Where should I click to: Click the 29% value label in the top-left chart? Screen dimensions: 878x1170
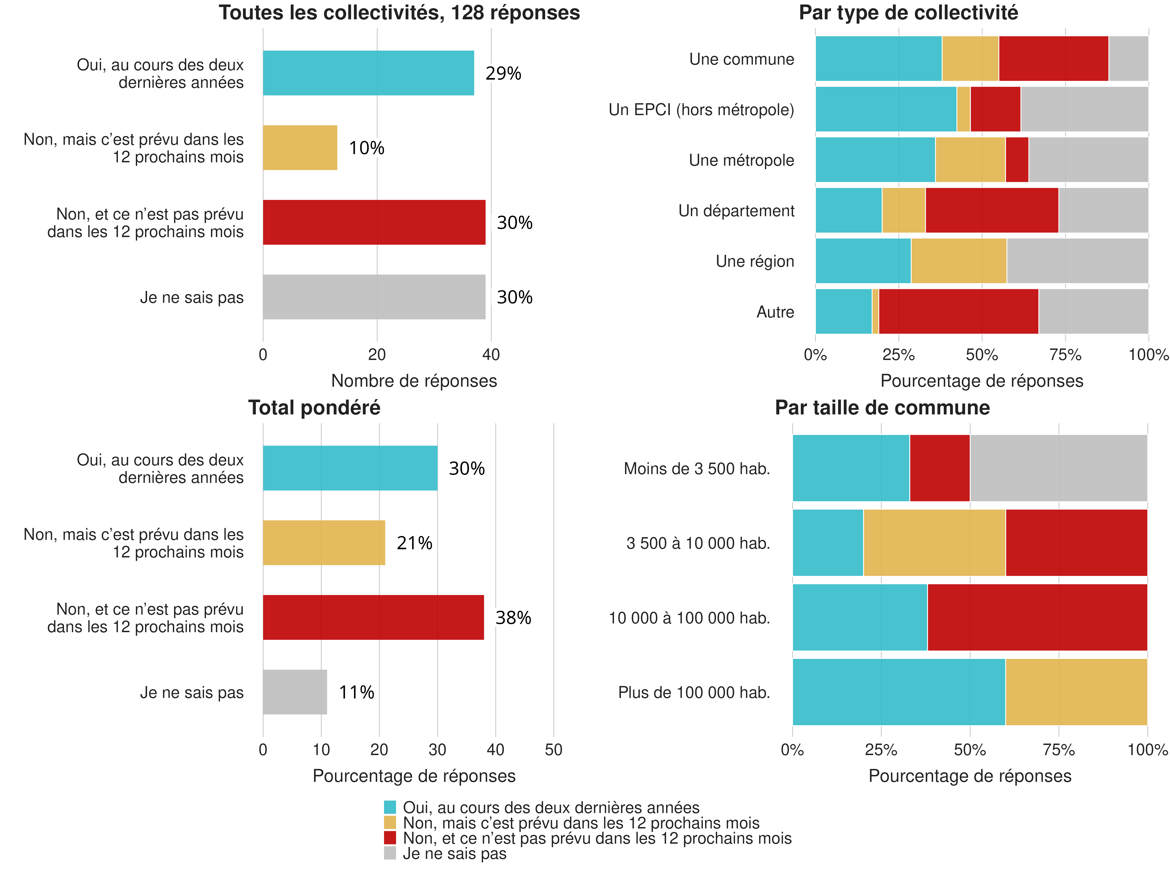503,74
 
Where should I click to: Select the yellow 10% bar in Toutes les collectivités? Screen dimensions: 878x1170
300,148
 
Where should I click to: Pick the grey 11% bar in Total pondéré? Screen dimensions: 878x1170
295,692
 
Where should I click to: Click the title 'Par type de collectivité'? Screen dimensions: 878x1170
908,13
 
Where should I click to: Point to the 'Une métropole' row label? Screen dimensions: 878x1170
741,160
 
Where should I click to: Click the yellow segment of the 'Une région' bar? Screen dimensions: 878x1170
958,261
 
